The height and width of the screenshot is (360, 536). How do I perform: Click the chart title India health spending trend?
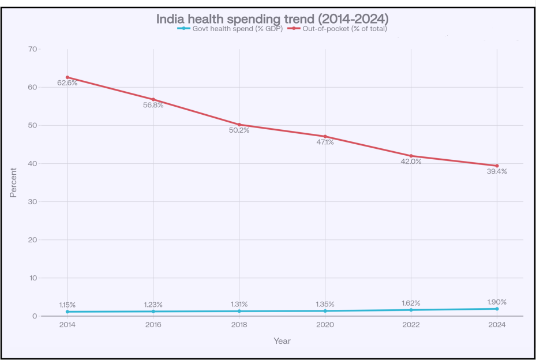(272, 18)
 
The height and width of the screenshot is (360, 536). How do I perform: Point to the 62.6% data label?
(67, 83)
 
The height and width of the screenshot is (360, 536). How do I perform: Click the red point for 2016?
(153, 99)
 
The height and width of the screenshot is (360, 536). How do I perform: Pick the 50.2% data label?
(239, 130)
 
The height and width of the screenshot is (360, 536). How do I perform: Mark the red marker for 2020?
(325, 136)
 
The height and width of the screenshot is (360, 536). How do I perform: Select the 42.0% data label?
(411, 162)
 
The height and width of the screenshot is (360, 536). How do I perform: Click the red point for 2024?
(497, 166)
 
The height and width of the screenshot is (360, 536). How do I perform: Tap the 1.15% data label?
(67, 305)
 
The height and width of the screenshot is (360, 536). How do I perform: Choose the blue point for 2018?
(239, 311)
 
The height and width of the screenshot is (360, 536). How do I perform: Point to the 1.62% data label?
(411, 303)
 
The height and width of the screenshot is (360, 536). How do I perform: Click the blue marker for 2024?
(497, 309)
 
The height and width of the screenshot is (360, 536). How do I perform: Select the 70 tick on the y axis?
(33, 49)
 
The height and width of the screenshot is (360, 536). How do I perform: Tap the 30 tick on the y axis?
(33, 201)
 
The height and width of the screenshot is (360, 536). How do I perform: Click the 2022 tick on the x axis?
(411, 325)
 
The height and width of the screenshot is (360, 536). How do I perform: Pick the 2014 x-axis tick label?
(67, 325)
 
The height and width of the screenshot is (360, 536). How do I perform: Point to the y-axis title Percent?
(13, 182)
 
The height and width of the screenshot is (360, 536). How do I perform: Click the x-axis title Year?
(282, 341)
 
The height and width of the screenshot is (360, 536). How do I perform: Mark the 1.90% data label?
(497, 302)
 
